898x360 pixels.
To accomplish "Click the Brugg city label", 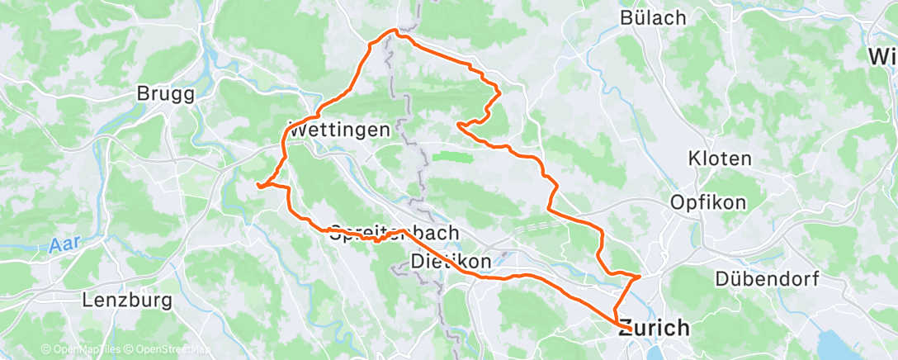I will [166, 94].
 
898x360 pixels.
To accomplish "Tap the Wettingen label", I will [338, 130].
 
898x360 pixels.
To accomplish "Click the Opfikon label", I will [708, 201].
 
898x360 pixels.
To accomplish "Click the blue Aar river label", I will [62, 246].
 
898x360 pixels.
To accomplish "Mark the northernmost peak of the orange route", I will [395, 31].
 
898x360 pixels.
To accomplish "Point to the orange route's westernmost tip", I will [258, 186].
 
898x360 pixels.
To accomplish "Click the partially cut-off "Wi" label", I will [884, 57].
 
